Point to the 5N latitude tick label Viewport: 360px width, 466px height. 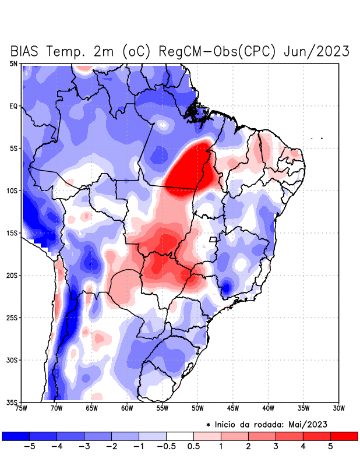coord(13,63)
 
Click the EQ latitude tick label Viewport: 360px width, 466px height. coord(13,106)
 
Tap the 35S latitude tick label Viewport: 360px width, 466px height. coord(12,402)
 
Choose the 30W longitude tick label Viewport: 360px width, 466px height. coord(338,408)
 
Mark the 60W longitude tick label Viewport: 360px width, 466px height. coord(126,408)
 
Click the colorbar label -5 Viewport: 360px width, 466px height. coord(30,446)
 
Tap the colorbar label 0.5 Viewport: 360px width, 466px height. coord(193,446)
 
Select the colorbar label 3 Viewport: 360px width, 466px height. coord(276,446)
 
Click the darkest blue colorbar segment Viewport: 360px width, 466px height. coord(16,436)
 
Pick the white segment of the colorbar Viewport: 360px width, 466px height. coord(180,436)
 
